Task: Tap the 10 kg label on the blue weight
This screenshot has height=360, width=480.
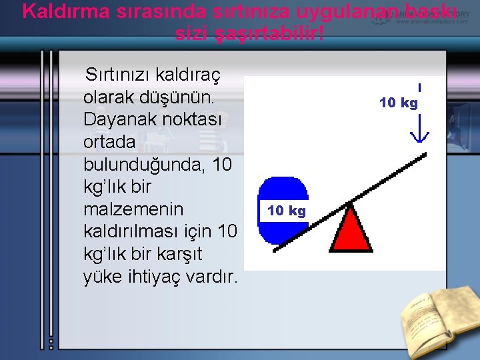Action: tap(286, 211)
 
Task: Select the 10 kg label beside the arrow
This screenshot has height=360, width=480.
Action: tap(398, 103)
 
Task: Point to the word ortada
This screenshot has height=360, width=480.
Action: tap(109, 143)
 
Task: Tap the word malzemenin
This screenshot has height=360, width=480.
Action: tap(133, 210)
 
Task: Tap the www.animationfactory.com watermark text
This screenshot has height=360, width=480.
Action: tap(431, 21)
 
